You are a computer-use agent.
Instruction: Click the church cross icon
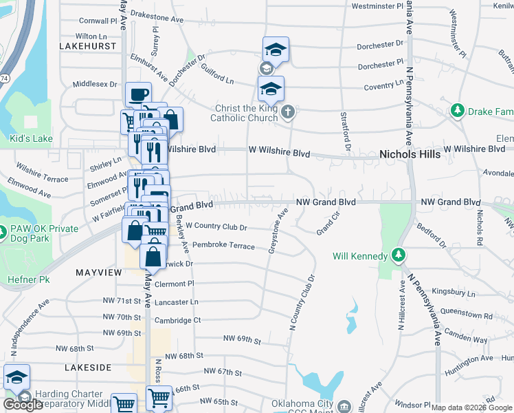289,111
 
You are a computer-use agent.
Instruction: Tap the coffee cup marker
137,94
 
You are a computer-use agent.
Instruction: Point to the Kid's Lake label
31,139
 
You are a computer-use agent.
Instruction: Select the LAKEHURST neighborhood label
89,46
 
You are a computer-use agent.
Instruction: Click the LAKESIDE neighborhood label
88,368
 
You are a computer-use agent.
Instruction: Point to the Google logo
22,404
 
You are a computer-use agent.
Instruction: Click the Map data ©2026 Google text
471,407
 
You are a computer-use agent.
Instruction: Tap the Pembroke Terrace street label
223,246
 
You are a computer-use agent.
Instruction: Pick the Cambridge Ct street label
177,320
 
